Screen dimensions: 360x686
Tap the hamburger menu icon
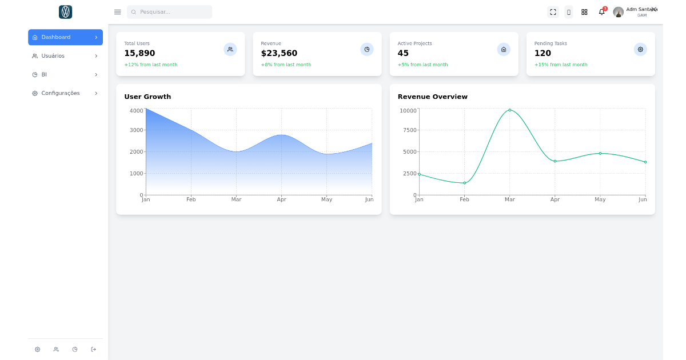[118, 12]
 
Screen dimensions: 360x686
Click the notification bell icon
[601, 12]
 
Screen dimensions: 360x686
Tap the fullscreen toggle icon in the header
[553, 12]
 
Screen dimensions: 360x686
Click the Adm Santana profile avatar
[618, 12]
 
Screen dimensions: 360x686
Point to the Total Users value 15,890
[139, 53]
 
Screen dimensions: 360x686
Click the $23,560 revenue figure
[279, 53]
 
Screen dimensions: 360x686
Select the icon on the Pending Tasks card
[640, 50]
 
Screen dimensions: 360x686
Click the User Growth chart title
[147, 97]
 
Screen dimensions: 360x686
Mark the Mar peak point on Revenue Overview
[510, 110]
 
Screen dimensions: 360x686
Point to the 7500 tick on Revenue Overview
[409, 130]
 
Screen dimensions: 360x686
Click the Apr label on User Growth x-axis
[281, 199]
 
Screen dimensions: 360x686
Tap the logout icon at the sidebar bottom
[94, 349]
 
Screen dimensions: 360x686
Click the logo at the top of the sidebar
[65, 12]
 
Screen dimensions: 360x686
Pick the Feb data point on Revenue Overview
[464, 183]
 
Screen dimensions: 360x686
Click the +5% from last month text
[422, 65]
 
